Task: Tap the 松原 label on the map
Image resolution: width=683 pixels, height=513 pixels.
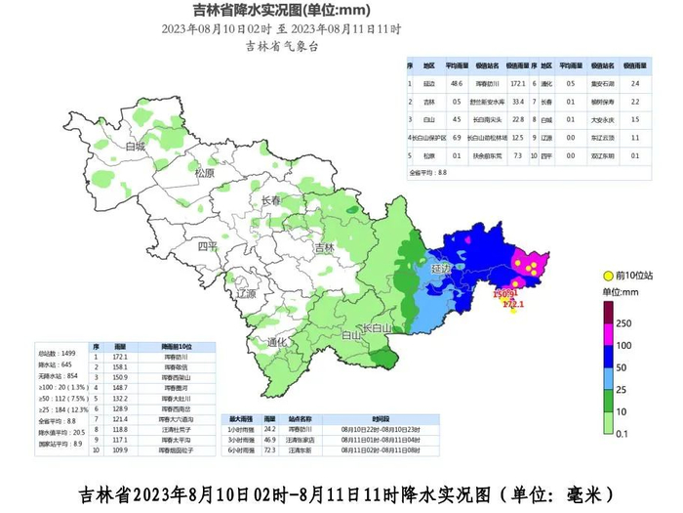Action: pos(204,173)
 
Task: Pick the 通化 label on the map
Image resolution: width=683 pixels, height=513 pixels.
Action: pos(277,342)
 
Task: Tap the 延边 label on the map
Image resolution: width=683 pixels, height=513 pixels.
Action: pos(441,268)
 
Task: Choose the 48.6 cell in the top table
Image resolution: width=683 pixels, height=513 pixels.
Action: pos(456,84)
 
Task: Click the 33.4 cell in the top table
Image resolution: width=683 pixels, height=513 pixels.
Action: pos(519,102)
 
